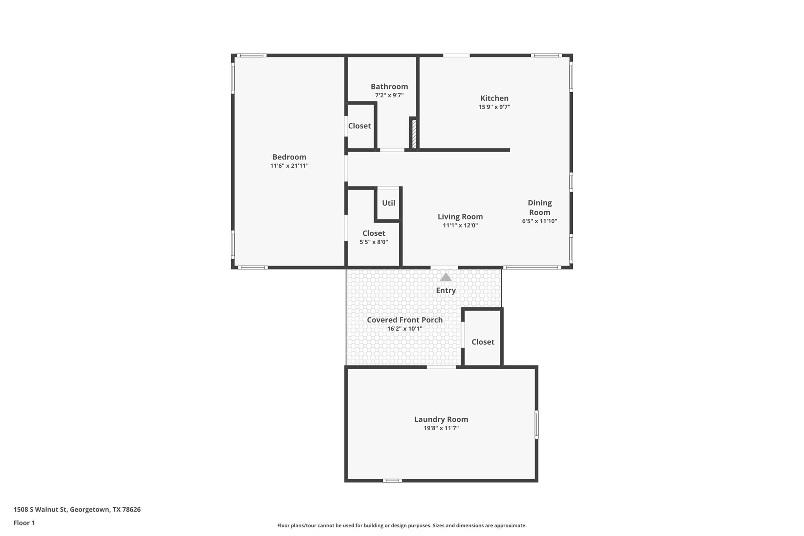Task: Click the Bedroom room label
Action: [289, 157]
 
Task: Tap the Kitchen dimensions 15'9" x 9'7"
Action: [494, 107]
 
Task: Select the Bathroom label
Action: [389, 86]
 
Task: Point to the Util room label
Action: [389, 203]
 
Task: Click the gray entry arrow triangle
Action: [446, 277]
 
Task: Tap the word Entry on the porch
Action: [446, 290]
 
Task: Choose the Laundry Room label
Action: [441, 419]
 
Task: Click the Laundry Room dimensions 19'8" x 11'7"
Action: [441, 428]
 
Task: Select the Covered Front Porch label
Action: [404, 320]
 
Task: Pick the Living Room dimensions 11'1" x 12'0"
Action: [460, 225]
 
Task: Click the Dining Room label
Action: [539, 207]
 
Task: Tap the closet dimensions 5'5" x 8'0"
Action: [374, 242]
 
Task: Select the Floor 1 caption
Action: [24, 523]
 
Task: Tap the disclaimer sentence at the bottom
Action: [402, 525]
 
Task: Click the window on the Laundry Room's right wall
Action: [536, 424]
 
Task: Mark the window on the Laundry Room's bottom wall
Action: [392, 480]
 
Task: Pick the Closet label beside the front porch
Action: [482, 342]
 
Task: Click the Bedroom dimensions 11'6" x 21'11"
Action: [289, 166]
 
